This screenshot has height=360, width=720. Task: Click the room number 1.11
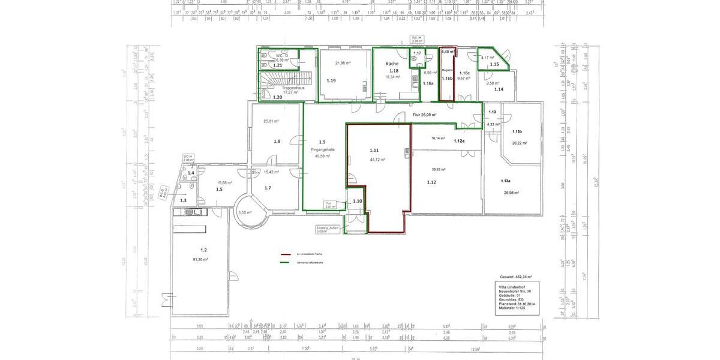click(x=374, y=150)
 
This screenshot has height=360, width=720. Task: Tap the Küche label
click(x=392, y=63)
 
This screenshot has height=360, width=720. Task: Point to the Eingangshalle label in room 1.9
click(x=323, y=149)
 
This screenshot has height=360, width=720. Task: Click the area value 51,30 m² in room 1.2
click(x=200, y=259)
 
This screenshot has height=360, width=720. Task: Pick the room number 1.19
click(x=331, y=80)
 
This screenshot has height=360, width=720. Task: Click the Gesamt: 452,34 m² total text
click(x=515, y=277)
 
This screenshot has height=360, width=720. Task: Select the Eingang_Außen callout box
click(x=328, y=229)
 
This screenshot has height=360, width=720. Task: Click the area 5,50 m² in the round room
click(x=244, y=212)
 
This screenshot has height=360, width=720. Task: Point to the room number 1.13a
click(x=506, y=181)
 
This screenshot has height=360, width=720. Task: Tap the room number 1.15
click(x=494, y=64)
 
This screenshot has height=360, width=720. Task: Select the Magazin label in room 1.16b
click(x=447, y=70)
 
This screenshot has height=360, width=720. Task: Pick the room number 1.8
click(x=277, y=142)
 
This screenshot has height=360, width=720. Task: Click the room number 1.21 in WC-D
click(x=269, y=65)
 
